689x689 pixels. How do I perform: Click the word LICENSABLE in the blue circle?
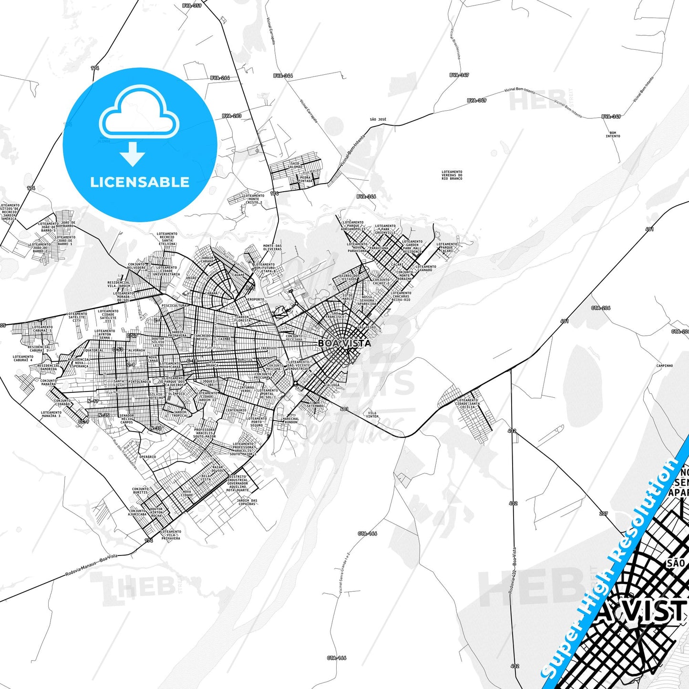pos(140,182)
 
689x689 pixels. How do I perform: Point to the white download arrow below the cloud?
pos(133,154)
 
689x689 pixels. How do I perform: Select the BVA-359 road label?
pos(192,6)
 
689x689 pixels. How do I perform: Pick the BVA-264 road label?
pos(220,78)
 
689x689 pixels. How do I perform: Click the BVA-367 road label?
pos(459,75)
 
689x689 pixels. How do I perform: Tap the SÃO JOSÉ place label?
pos(378,119)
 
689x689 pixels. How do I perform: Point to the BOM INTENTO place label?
pos(613,134)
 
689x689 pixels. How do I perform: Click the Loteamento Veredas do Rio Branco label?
pos(452,175)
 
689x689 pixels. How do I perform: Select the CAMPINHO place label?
pos(664,366)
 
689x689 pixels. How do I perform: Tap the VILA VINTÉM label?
pos(372,414)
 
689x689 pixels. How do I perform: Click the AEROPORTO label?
pos(255,299)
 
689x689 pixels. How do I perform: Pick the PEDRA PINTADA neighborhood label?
pos(305,179)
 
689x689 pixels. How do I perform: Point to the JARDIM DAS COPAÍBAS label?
pos(247,502)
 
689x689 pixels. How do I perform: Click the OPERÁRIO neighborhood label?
pos(147,457)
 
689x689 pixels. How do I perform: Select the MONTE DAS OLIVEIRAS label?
pos(272,247)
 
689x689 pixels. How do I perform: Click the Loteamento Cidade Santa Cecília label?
pos(467,403)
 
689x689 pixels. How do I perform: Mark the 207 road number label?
pos(604,514)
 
